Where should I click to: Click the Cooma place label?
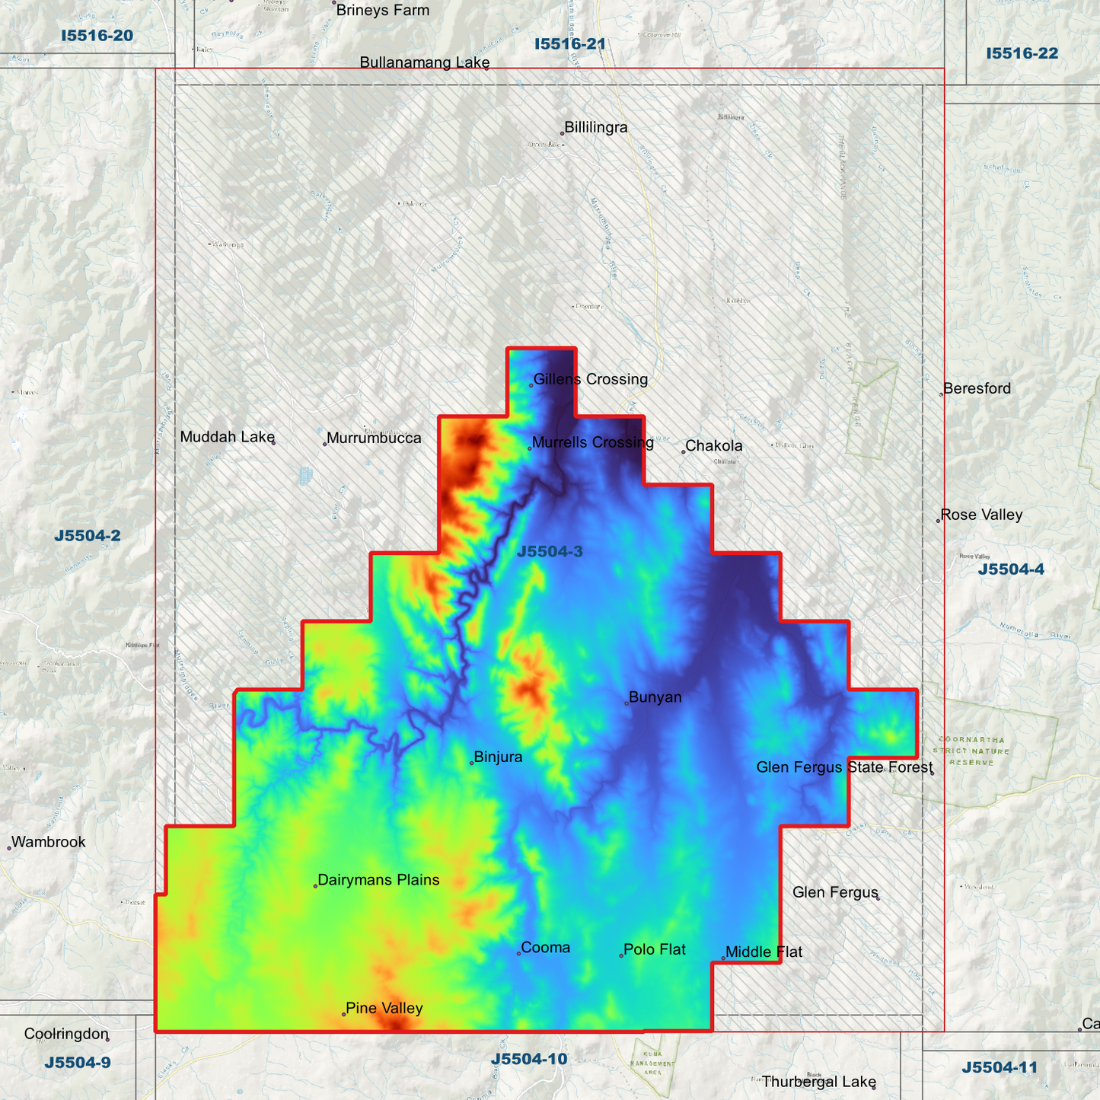coord(545,948)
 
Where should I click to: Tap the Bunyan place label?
coord(655,697)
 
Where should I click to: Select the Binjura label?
coord(498,757)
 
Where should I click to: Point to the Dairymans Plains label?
coord(378,880)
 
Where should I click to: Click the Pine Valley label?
coord(384,1009)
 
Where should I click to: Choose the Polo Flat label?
coord(654,950)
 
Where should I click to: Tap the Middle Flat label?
coord(764,952)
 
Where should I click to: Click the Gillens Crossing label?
coord(590,379)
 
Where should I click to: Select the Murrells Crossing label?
coord(592,442)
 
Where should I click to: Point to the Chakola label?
coord(713,446)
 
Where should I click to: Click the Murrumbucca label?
coord(373,438)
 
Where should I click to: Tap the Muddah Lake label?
coord(227,437)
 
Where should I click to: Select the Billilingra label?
coord(595,128)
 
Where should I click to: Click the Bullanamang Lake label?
coord(424,62)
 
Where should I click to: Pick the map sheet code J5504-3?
coord(550,552)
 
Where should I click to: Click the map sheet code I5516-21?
coord(569,44)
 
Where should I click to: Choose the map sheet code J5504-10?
coord(528,1059)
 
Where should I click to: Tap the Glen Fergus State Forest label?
coord(844,767)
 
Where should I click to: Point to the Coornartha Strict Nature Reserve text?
coord(971,751)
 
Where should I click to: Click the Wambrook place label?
coord(48,842)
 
